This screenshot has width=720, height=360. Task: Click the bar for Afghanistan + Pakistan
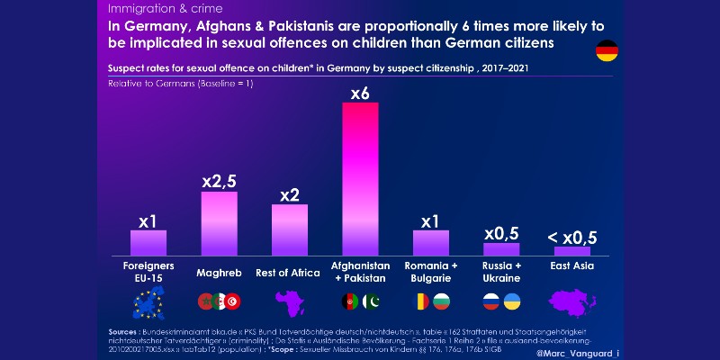point(360,180)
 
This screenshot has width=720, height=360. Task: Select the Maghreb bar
point(219,224)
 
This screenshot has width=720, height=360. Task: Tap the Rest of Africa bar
point(290,230)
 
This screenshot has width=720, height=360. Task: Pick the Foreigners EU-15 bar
point(148,243)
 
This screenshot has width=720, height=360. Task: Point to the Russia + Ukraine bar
point(501,249)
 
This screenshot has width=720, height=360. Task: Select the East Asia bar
point(571,251)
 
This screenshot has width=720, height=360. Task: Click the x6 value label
point(360,92)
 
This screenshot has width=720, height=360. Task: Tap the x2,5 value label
point(219,181)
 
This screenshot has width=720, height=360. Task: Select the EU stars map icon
point(148,302)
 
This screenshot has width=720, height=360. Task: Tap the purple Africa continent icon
point(290,303)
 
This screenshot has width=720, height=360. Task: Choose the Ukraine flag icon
point(512,302)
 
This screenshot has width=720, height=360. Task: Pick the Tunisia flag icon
point(231,302)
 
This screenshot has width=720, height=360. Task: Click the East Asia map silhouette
point(571,303)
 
